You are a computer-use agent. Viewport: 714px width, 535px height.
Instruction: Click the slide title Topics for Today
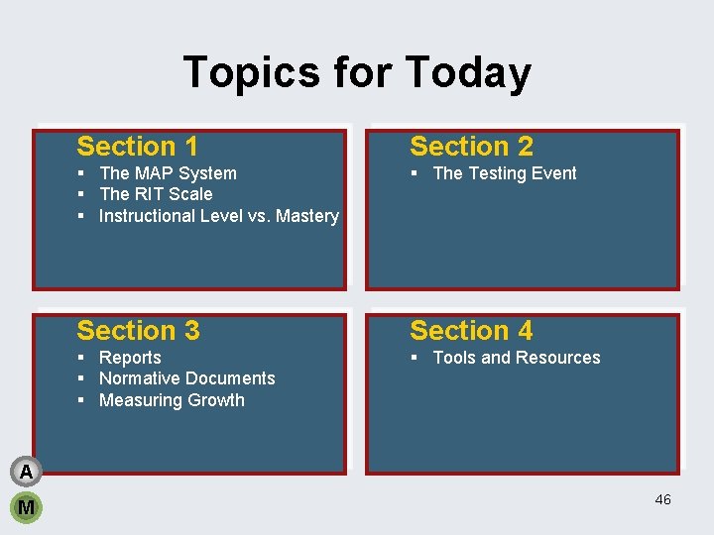point(357,72)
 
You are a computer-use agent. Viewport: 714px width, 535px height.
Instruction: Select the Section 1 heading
point(137,147)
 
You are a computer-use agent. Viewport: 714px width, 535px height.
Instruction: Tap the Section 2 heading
point(471,147)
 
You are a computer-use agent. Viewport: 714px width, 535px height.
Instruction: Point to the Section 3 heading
point(138,331)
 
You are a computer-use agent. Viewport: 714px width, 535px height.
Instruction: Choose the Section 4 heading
point(471,331)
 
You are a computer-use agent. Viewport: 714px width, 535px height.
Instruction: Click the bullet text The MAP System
point(168,173)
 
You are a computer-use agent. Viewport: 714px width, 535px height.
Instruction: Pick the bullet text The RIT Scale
point(156,194)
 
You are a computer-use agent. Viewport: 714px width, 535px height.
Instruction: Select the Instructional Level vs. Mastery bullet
point(218,216)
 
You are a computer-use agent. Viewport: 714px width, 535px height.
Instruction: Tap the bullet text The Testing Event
point(504,173)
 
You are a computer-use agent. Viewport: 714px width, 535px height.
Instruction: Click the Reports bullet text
point(130,358)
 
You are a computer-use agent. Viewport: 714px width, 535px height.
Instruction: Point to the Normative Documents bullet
point(186,378)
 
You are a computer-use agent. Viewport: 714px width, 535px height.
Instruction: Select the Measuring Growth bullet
point(172,400)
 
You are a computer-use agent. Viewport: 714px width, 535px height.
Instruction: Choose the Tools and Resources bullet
point(516,358)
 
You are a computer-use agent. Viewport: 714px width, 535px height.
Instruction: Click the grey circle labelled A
point(26,472)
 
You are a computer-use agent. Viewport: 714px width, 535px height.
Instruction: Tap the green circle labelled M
point(26,507)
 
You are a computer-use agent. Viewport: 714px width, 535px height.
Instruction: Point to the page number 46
point(662,499)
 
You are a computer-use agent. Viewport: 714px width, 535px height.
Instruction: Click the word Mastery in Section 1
point(306,216)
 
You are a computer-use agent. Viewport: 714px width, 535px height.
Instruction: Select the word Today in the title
point(467,72)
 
